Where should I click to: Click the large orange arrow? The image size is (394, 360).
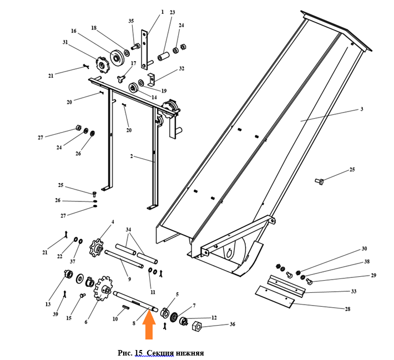click(149, 326)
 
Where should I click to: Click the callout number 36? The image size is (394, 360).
click(233, 324)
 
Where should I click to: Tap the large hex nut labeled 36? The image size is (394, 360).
click(197, 327)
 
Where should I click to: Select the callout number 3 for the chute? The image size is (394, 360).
click(362, 109)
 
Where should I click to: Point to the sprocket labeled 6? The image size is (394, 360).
click(103, 288)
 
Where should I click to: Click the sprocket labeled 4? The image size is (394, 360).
click(97, 248)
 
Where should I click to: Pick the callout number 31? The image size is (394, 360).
click(65, 42)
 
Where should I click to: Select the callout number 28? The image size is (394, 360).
click(347, 309)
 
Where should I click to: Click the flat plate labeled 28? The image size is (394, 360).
click(275, 297)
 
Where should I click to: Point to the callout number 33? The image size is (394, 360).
click(354, 291)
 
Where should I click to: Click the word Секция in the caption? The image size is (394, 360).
click(160, 353)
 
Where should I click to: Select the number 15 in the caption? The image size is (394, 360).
click(138, 353)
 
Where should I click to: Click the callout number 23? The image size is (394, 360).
click(172, 12)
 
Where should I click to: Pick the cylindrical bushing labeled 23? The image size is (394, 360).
click(163, 56)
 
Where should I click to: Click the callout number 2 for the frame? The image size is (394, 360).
click(132, 156)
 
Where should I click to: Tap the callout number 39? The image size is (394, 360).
click(55, 315)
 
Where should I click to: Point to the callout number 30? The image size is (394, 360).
click(364, 249)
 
